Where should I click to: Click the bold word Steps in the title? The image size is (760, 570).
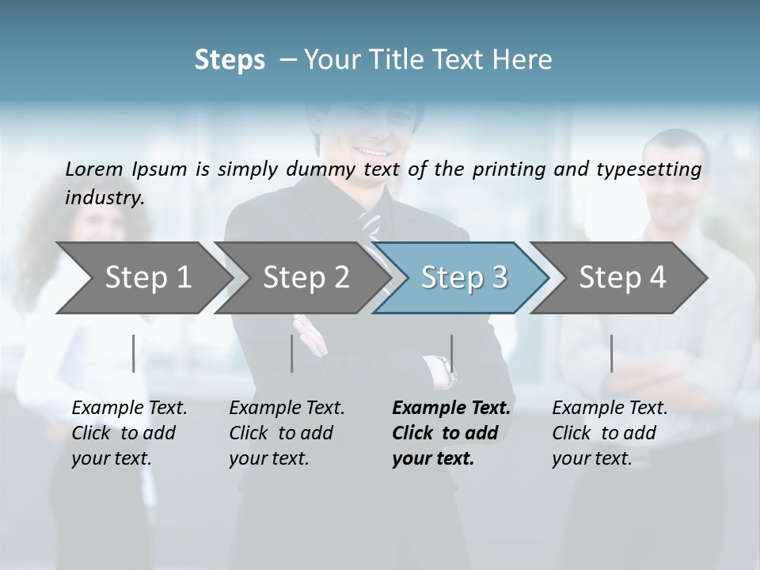(230, 60)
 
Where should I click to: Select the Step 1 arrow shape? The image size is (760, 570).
(142, 277)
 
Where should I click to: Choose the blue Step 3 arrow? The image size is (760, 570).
(463, 277)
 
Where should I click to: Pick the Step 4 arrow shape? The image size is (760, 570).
(621, 277)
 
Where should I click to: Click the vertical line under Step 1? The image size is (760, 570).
(134, 353)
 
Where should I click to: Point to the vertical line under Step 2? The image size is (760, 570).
(292, 353)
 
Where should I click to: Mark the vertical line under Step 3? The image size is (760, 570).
(451, 353)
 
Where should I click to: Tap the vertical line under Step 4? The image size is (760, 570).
(611, 353)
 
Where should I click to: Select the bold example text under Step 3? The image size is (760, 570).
(451, 433)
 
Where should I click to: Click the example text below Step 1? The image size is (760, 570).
(129, 433)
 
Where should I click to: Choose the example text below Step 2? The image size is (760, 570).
(287, 433)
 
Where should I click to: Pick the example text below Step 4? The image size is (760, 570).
(610, 433)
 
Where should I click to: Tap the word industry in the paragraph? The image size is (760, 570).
(104, 198)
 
